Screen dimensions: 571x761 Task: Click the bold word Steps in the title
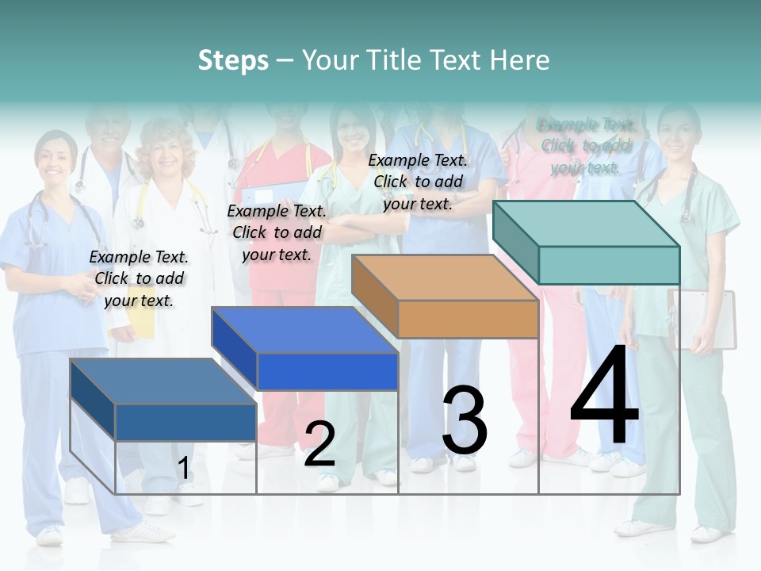click(232, 60)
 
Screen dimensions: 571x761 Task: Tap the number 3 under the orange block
click(465, 420)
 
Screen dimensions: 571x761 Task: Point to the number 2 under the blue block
click(319, 445)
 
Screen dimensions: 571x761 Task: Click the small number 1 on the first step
click(183, 469)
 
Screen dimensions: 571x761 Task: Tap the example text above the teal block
click(585, 146)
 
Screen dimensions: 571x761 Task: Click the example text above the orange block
click(418, 182)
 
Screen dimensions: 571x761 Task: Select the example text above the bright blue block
click(277, 232)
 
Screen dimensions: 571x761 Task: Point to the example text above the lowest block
click(139, 278)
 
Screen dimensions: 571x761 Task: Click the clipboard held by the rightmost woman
click(704, 317)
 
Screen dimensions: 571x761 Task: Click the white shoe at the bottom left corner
click(49, 536)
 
